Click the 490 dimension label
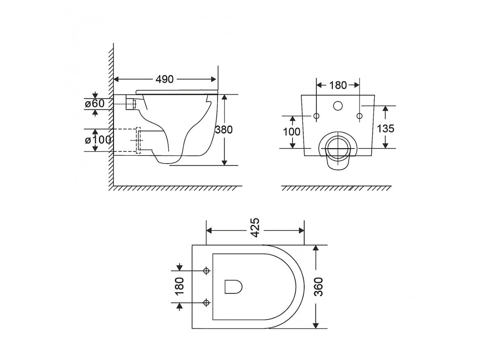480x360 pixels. [165, 79]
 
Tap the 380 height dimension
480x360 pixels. [224, 129]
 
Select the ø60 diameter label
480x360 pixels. [95, 104]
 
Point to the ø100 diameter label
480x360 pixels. [98, 140]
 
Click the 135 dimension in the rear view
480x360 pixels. [385, 128]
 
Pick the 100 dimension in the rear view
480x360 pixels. [292, 132]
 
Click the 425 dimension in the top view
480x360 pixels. [255, 228]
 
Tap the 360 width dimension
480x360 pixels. [319, 286]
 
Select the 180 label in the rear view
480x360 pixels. [338, 85]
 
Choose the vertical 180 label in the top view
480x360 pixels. [180, 286]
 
